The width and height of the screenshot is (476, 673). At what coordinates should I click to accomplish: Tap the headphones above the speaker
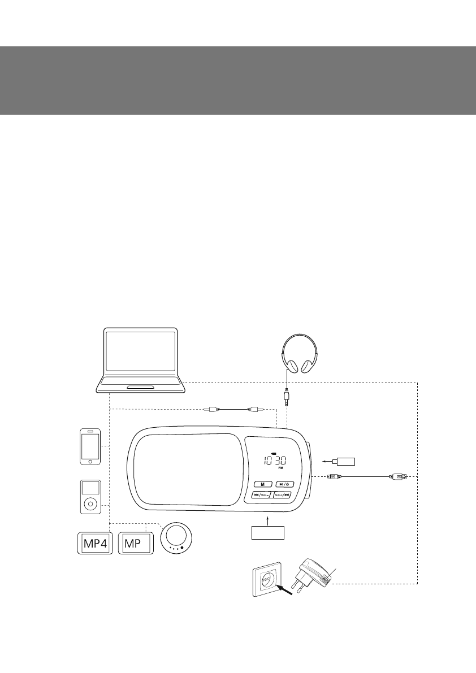point(300,353)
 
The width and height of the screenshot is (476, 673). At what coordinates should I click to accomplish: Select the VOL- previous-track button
point(262,496)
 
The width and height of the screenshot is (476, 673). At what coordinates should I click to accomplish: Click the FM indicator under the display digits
point(280,469)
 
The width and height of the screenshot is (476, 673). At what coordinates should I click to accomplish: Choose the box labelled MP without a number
point(135,544)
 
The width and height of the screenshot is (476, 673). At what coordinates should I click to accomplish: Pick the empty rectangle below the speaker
point(267,532)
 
